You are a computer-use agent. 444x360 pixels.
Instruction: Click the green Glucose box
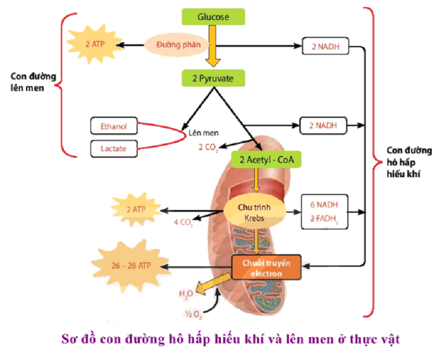click(213, 17)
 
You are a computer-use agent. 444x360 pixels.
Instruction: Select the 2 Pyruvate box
click(213, 78)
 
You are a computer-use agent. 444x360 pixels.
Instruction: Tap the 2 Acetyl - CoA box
click(266, 160)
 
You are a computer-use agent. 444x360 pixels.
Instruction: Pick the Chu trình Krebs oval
click(255, 211)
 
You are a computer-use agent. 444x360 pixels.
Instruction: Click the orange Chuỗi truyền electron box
click(266, 268)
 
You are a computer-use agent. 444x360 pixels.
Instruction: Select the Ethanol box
click(113, 126)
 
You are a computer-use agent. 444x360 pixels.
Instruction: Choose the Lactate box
click(113, 148)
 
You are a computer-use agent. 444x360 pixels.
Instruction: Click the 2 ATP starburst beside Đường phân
click(95, 43)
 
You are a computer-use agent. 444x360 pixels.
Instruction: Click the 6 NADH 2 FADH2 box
click(325, 211)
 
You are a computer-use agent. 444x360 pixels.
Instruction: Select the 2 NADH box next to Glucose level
click(325, 47)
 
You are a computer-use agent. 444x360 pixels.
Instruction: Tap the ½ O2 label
click(193, 315)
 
